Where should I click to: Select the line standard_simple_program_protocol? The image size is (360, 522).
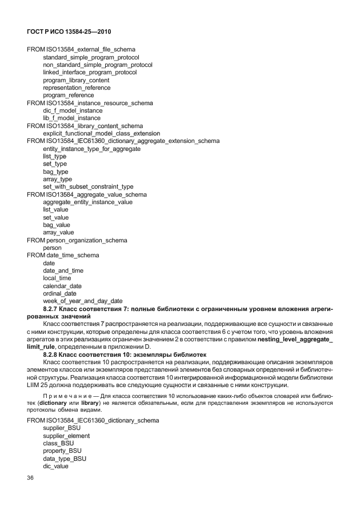(x=91, y=57)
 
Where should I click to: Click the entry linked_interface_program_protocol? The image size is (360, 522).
(x=90, y=73)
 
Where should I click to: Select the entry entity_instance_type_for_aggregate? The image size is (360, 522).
(x=91, y=149)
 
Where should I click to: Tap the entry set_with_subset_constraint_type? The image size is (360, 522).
(x=88, y=186)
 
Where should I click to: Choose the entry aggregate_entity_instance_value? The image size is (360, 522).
(x=87, y=202)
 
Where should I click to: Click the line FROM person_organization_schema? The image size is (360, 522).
(x=77, y=240)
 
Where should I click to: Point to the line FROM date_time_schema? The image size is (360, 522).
(x=63, y=255)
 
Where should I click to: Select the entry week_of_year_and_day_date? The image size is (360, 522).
(x=82, y=301)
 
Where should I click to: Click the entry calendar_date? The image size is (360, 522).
(x=62, y=286)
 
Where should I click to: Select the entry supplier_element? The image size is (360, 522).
(x=66, y=436)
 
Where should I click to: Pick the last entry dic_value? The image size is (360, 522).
(x=55, y=466)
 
